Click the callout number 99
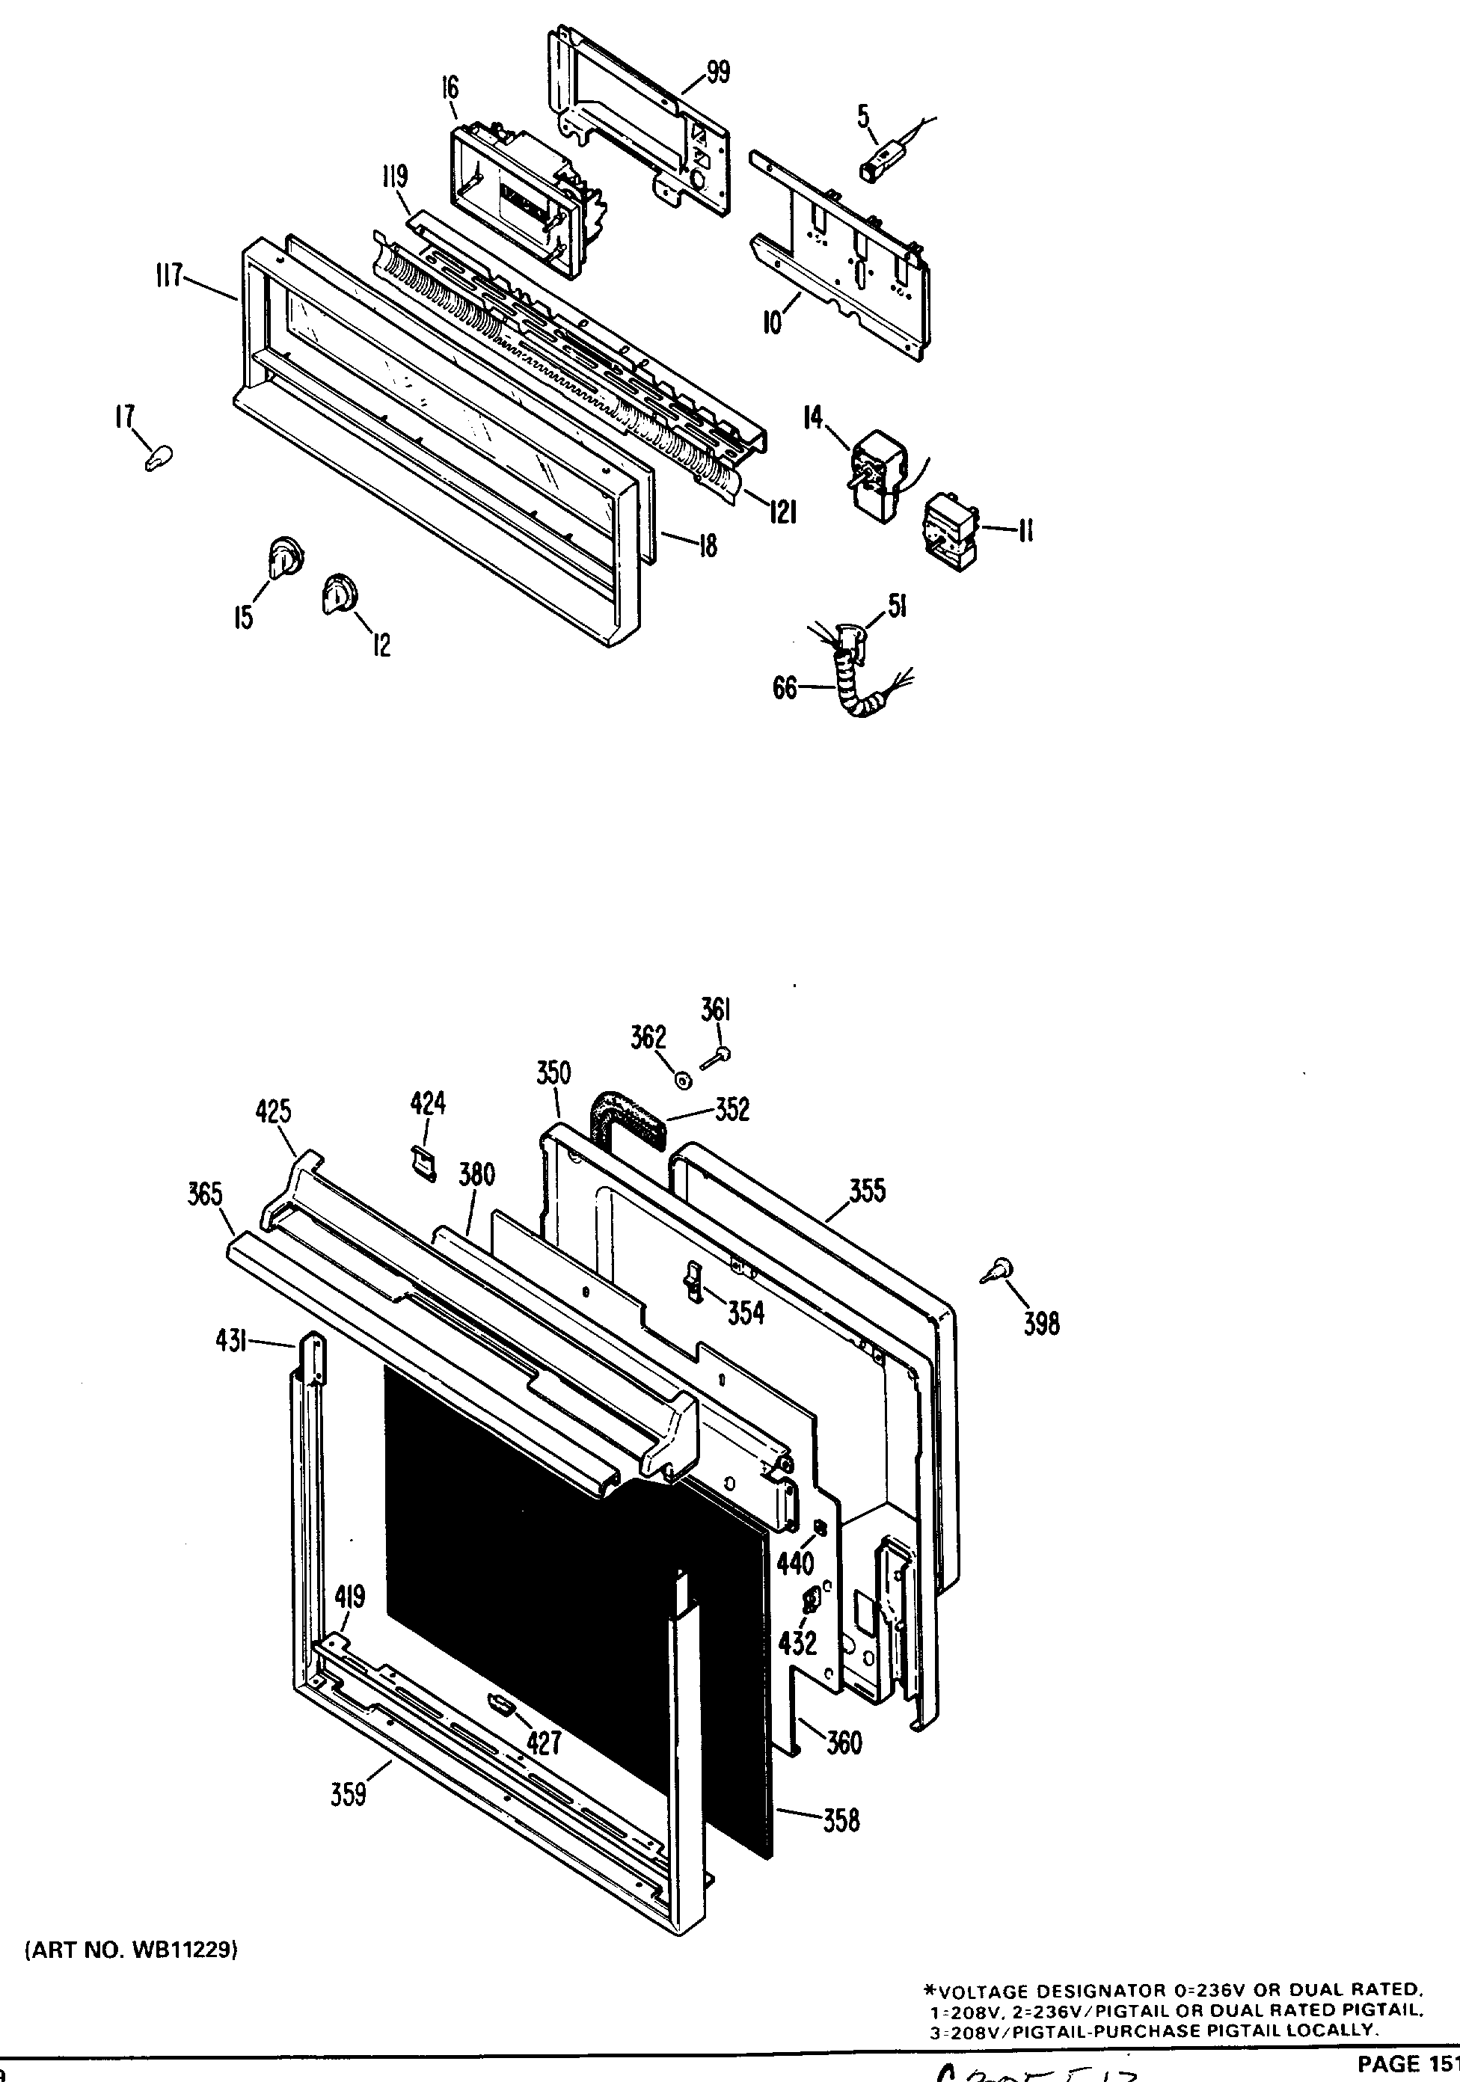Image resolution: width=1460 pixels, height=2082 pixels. [717, 72]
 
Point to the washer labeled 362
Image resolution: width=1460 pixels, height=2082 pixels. [683, 1080]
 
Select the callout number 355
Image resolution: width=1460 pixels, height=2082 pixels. [867, 1190]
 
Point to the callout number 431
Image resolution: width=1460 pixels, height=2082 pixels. [231, 1341]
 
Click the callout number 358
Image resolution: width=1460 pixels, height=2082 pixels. [841, 1819]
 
